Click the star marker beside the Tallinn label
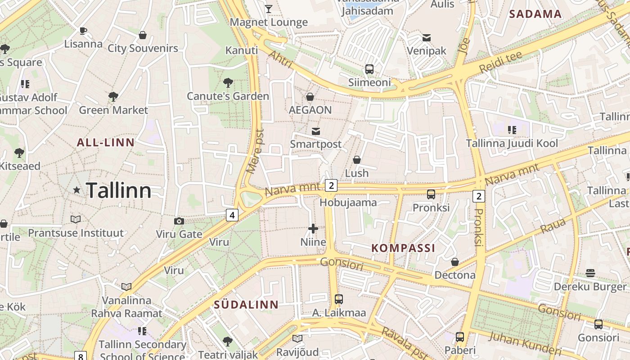[x=77, y=190]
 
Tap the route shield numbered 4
[x=232, y=215]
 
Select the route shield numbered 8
[x=80, y=356]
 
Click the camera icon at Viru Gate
[x=179, y=221]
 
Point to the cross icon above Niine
[x=313, y=229]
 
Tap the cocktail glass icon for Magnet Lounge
[x=269, y=9]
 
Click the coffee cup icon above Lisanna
[x=83, y=31]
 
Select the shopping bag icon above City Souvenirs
[x=143, y=35]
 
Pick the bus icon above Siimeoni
[x=369, y=69]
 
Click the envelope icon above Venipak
[x=426, y=38]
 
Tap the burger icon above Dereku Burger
[x=590, y=273]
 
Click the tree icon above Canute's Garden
[x=228, y=83]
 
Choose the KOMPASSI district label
[x=403, y=248]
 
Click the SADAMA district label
[x=535, y=14]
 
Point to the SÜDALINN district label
[x=246, y=305]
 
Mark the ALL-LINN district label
[x=106, y=143]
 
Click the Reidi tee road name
[x=501, y=62]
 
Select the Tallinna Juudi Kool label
[x=512, y=144]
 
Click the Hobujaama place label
[x=348, y=202]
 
